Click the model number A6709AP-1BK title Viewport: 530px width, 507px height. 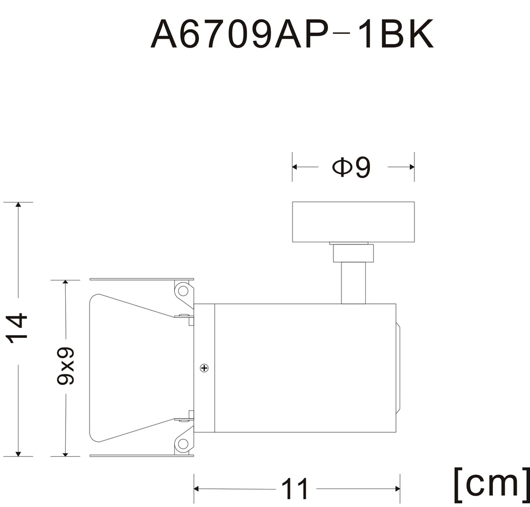pos(291,34)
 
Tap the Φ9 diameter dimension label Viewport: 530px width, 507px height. pos(351,167)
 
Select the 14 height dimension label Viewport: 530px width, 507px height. pos(17,328)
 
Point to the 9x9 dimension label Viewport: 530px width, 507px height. pos(65,365)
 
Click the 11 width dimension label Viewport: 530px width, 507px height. pos(295,489)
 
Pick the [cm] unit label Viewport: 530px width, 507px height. pos(491,484)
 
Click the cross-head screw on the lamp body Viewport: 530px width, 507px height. pos(204,368)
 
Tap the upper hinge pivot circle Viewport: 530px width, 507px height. pos(183,291)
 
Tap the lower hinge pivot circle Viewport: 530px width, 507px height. pos(183,443)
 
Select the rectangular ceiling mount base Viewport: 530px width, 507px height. pos(353,222)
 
